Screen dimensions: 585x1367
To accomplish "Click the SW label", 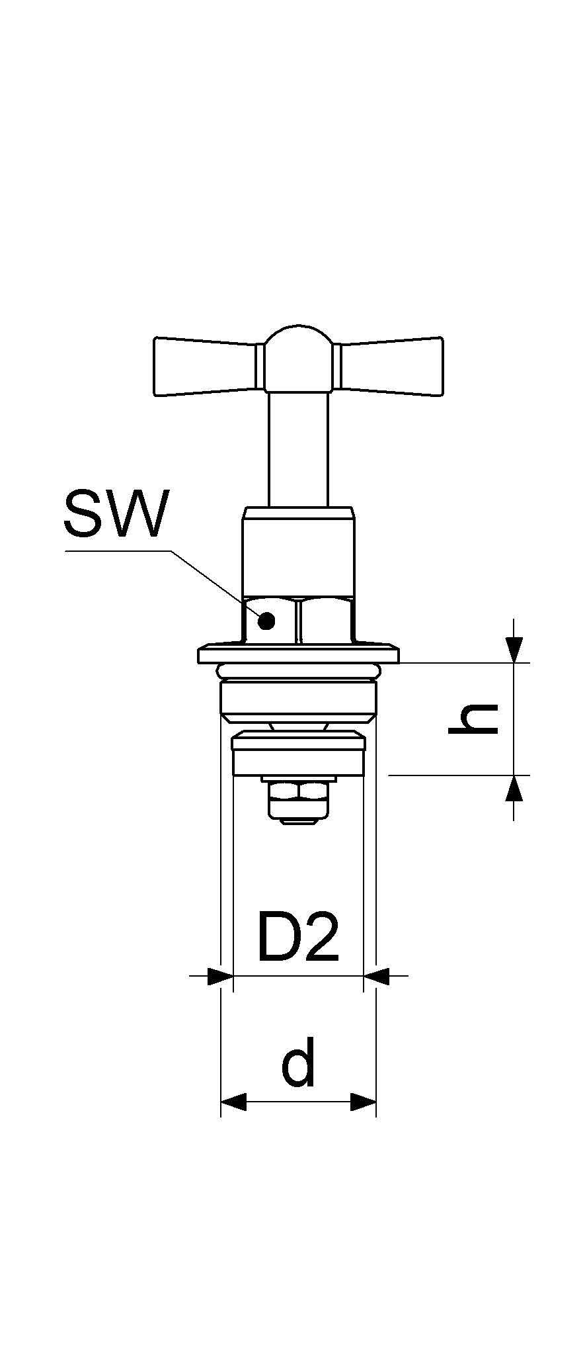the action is click(116, 513).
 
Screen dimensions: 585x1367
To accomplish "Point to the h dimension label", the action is click(473, 719).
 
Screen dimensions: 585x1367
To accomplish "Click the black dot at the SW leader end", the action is click(266, 621).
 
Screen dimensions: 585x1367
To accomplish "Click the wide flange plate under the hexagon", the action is click(299, 655).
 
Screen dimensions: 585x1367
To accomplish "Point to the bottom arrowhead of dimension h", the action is click(514, 787).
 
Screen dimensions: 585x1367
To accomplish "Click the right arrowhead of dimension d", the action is click(363, 1102).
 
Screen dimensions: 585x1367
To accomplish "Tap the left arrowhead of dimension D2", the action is click(220, 975).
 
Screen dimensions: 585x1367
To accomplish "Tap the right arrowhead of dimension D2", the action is click(377, 975).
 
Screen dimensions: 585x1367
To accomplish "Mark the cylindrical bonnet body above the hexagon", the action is click(299, 552).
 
